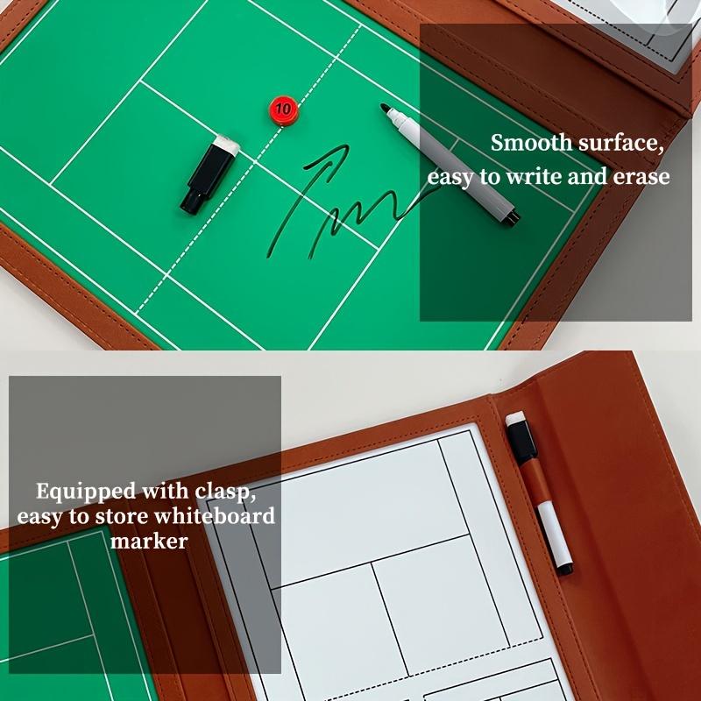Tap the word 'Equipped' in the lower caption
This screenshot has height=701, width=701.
click(84, 490)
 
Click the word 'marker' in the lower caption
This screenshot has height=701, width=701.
click(149, 542)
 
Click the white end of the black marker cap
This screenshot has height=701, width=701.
click(226, 144)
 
